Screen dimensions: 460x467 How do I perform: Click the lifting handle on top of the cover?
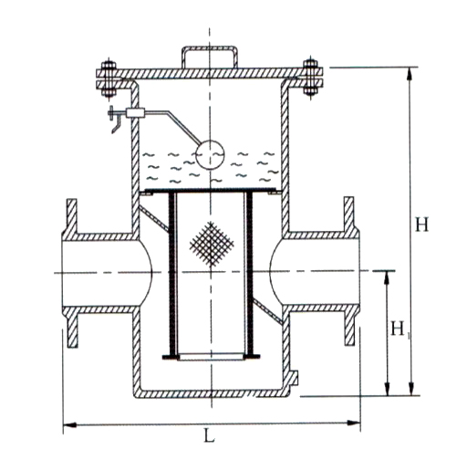point(211,56)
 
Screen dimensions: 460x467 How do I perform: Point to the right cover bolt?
point(311,77)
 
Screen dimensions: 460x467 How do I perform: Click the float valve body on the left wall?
point(138,113)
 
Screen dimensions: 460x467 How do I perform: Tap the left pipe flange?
point(70,271)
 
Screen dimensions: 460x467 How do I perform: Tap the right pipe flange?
point(350,271)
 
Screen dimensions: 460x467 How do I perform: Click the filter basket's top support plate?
point(212,193)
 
